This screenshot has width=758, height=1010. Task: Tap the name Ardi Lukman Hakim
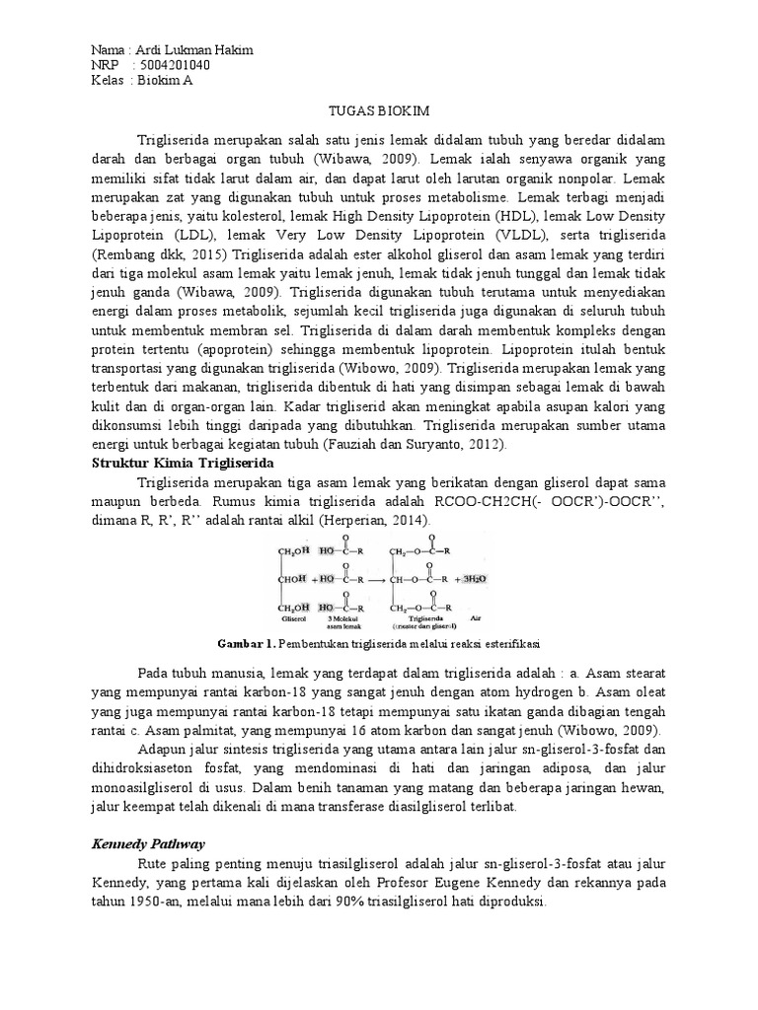pyautogui.click(x=193, y=50)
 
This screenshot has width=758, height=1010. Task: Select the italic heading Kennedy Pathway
pyautogui.click(x=148, y=843)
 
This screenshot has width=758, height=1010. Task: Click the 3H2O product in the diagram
pyautogui.click(x=480, y=580)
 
